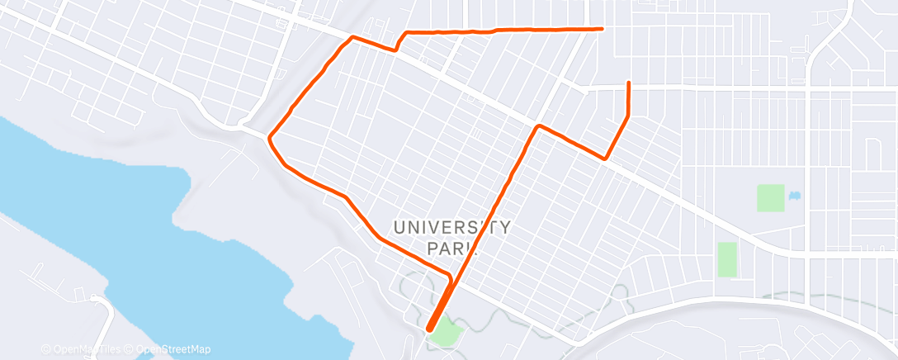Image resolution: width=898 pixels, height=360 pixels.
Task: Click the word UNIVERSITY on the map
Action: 451,227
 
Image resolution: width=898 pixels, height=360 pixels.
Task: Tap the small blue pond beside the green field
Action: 795,196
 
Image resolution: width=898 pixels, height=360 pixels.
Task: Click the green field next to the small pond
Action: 770,198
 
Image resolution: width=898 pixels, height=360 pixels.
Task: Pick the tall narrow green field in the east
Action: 726,259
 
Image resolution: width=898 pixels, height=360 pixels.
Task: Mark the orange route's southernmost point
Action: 429,329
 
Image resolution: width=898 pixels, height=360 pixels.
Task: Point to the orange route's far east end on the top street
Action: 603,29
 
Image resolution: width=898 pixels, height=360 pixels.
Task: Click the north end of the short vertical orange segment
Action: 629,83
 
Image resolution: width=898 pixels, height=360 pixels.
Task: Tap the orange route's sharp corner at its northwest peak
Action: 353,37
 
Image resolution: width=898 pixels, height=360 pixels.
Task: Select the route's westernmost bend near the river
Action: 268,138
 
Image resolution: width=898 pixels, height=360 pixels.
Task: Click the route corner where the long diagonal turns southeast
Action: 538,126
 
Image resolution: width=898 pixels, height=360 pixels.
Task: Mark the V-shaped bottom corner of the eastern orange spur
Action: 606,158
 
